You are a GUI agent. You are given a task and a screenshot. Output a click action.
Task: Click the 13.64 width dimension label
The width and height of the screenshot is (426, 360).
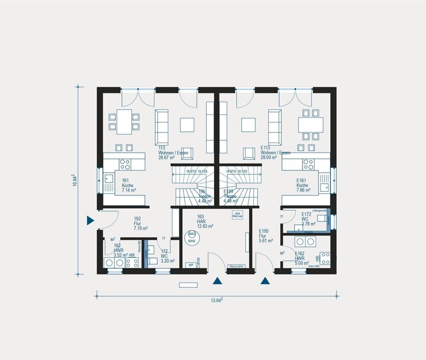click(216, 301)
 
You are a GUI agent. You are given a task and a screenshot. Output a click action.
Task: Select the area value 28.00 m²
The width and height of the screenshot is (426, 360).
click(269, 158)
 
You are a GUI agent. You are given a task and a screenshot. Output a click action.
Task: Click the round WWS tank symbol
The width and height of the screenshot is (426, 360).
click(191, 237)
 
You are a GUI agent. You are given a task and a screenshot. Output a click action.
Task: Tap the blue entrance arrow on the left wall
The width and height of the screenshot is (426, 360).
click(90, 220)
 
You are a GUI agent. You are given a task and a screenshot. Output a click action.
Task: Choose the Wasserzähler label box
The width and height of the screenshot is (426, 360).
click(236, 266)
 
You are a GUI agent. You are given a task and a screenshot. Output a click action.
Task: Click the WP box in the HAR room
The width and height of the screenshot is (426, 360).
click(191, 265)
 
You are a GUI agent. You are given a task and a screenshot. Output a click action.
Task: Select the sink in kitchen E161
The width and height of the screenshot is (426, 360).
click(324, 187)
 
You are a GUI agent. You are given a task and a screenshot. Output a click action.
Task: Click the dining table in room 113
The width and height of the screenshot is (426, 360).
click(124, 121)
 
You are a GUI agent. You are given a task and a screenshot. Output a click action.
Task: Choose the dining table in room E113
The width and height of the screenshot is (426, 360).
click(311, 124)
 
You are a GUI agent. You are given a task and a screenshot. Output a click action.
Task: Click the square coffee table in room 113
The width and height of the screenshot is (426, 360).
click(186, 124)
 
